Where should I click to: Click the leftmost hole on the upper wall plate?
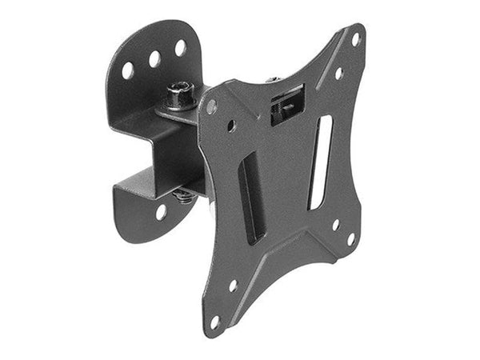128,70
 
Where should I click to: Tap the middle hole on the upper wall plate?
154,58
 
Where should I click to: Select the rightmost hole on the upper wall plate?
180,47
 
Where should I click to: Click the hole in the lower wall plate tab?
162,212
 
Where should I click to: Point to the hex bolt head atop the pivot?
181,95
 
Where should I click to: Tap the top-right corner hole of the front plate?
355,38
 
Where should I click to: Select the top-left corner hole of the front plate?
211,106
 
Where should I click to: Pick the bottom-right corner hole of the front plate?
350,238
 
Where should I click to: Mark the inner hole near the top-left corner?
231,125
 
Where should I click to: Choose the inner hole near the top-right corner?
338,73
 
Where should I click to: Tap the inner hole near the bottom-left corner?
233,286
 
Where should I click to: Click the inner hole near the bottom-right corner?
335,225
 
